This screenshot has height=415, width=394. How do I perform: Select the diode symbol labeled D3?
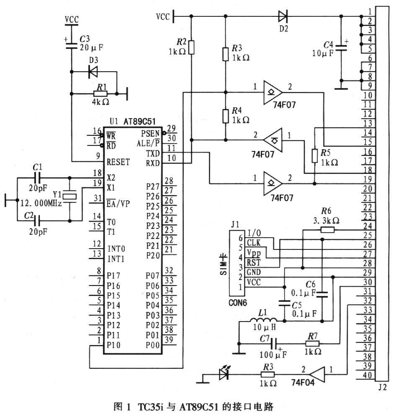(93, 72)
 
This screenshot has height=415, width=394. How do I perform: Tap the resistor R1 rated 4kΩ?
(100, 93)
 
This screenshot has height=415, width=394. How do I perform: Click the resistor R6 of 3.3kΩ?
(327, 229)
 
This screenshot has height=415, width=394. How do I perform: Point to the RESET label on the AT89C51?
(118, 162)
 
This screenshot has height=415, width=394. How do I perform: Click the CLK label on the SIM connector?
(253, 242)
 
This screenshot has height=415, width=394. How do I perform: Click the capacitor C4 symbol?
(342, 47)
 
